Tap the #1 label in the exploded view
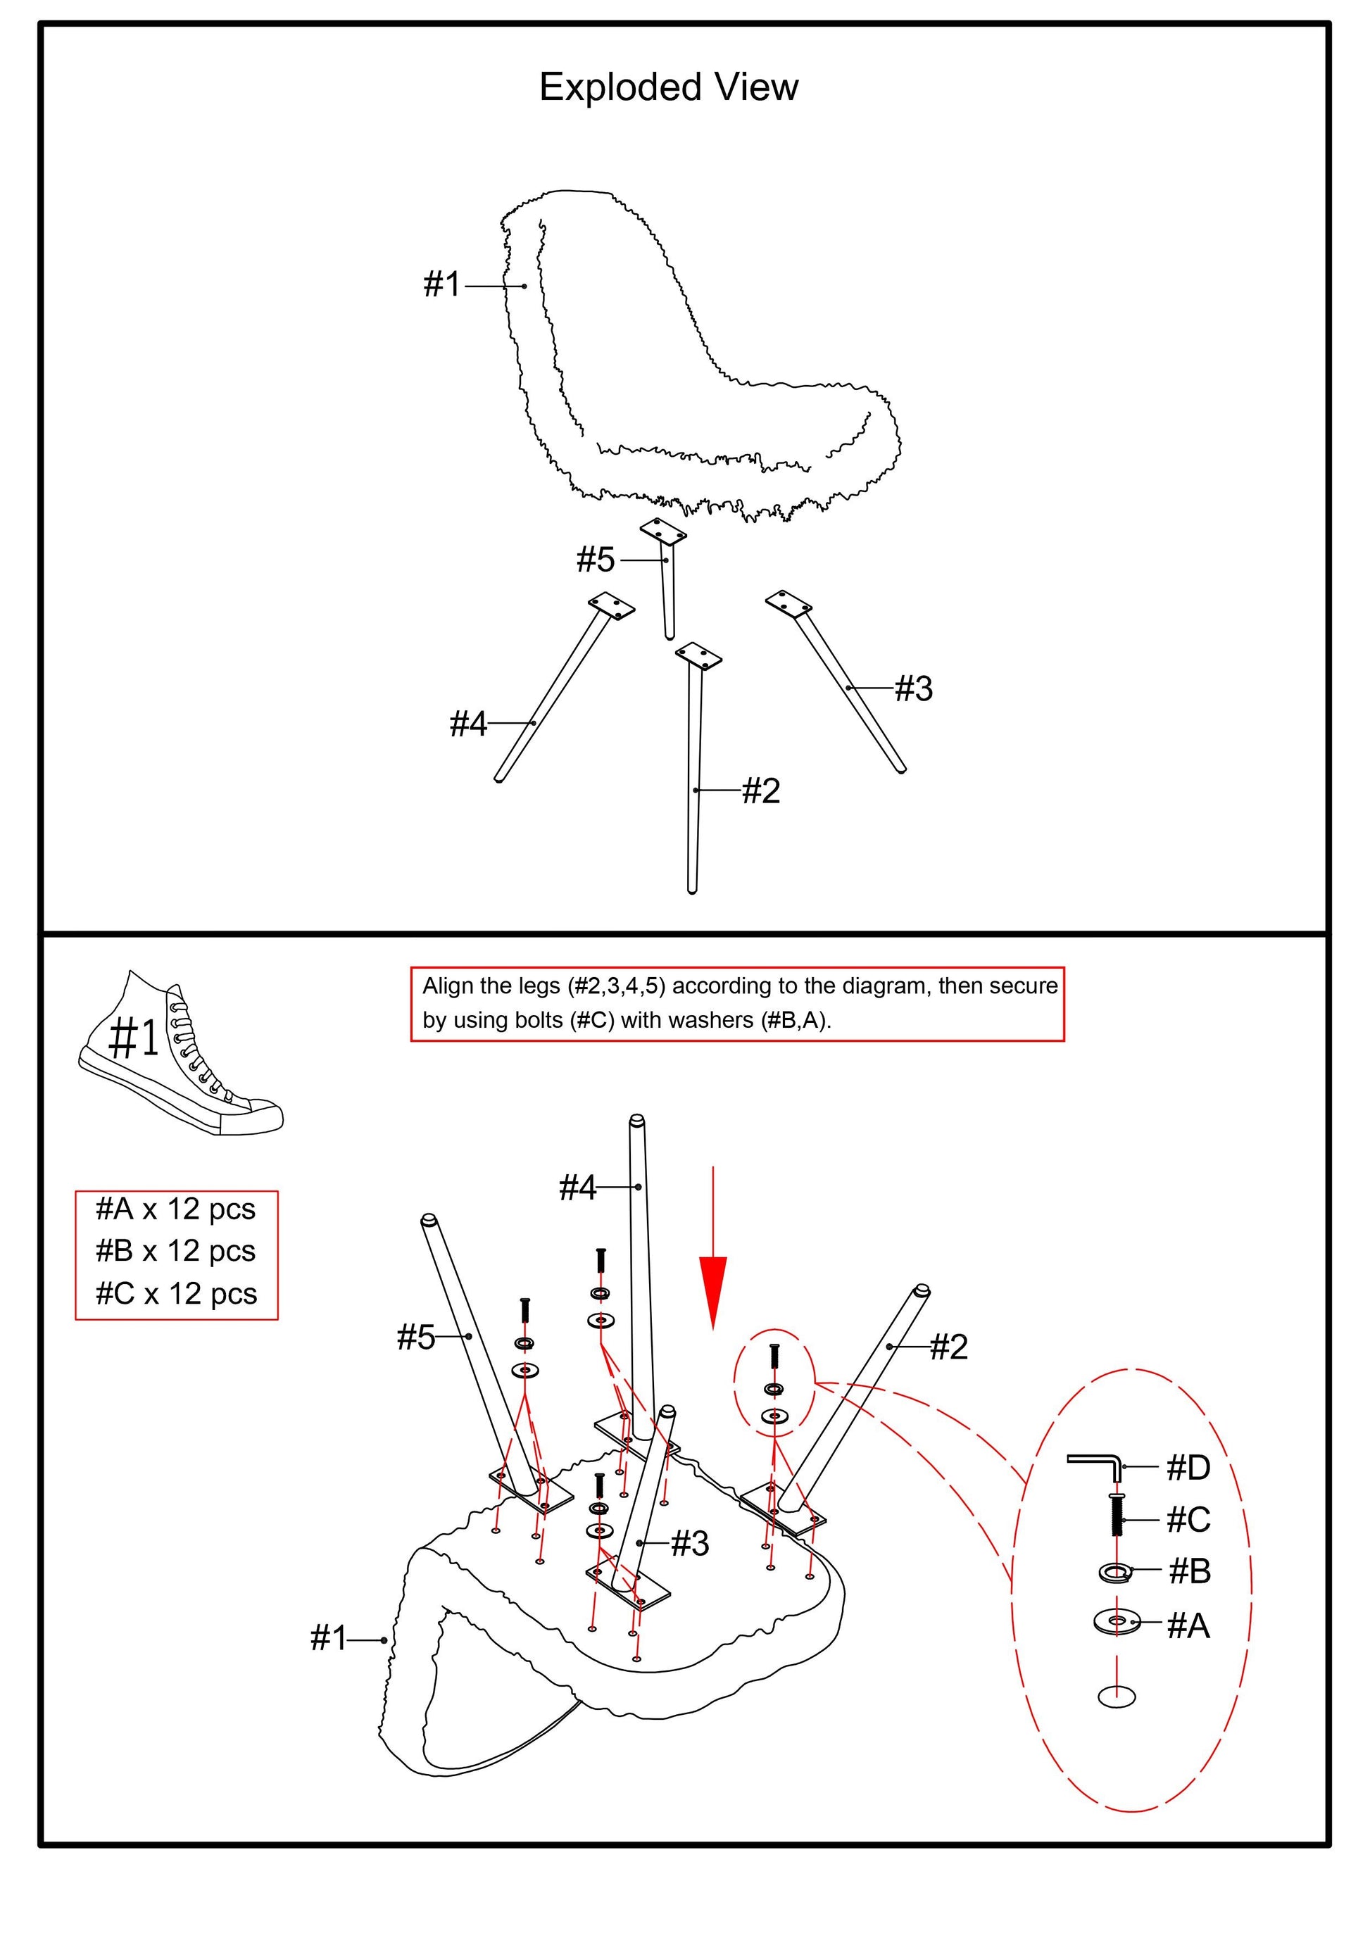[x=441, y=284]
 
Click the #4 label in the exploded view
[x=467, y=724]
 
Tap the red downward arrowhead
[x=712, y=1292]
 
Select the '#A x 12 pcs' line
[x=175, y=1209]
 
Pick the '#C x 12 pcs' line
[x=175, y=1293]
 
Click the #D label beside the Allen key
[x=1188, y=1468]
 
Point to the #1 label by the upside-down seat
[x=328, y=1638]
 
